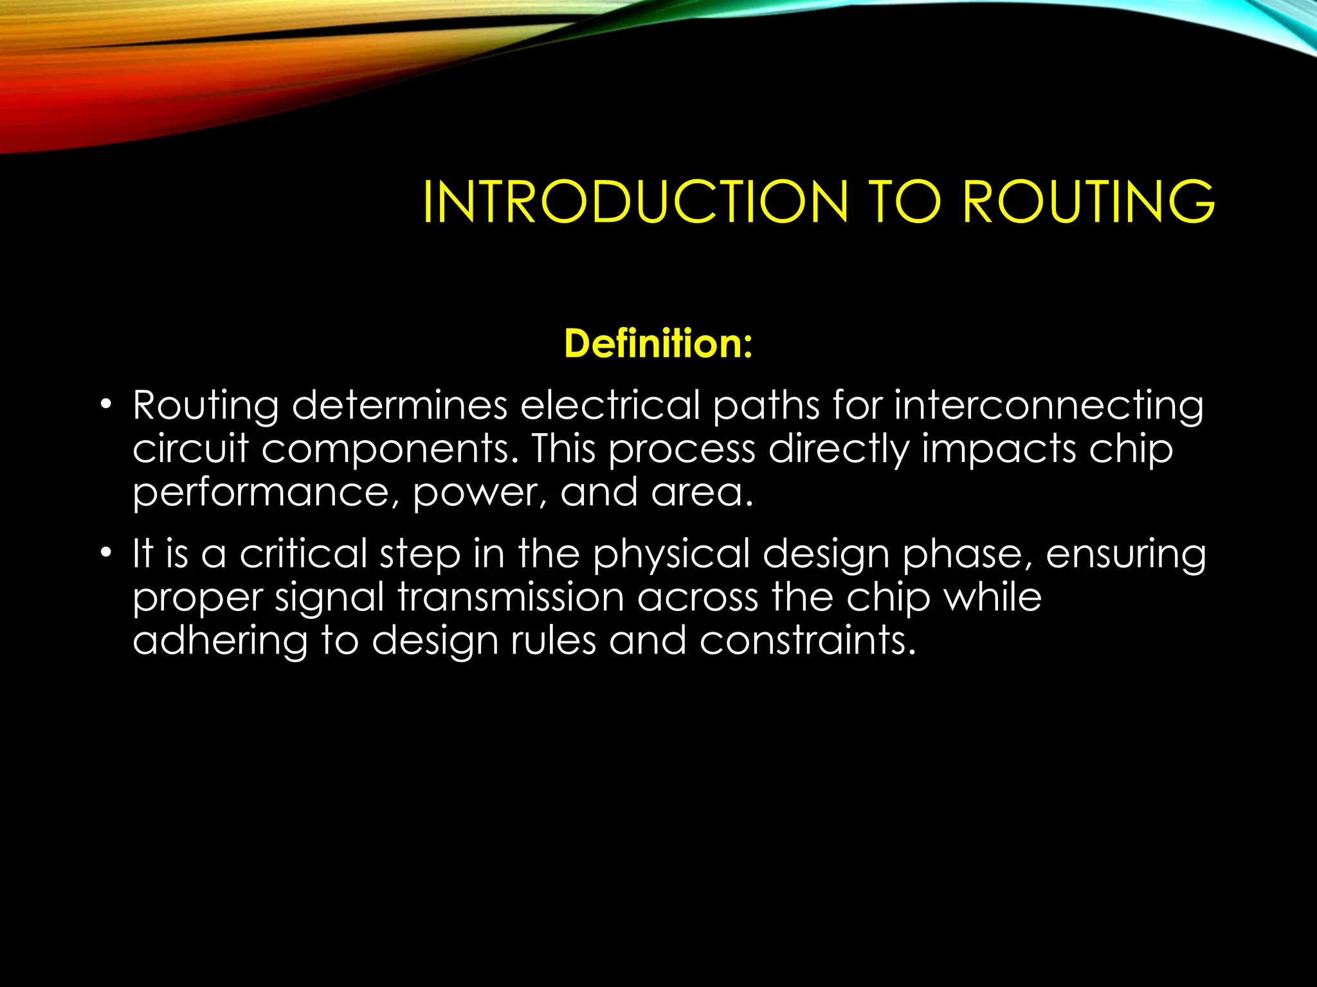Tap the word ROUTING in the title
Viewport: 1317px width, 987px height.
point(1088,202)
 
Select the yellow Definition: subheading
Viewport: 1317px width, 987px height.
point(658,344)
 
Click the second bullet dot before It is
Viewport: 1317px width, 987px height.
point(105,553)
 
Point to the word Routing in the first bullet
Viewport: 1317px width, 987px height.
point(205,407)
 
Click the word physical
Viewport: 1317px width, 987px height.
point(671,555)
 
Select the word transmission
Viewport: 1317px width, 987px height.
point(511,597)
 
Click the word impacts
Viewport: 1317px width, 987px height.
point(998,450)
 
